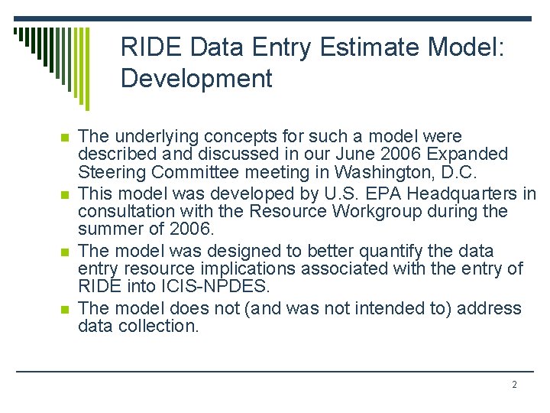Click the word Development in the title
click(x=196, y=78)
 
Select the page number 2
click(x=514, y=384)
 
